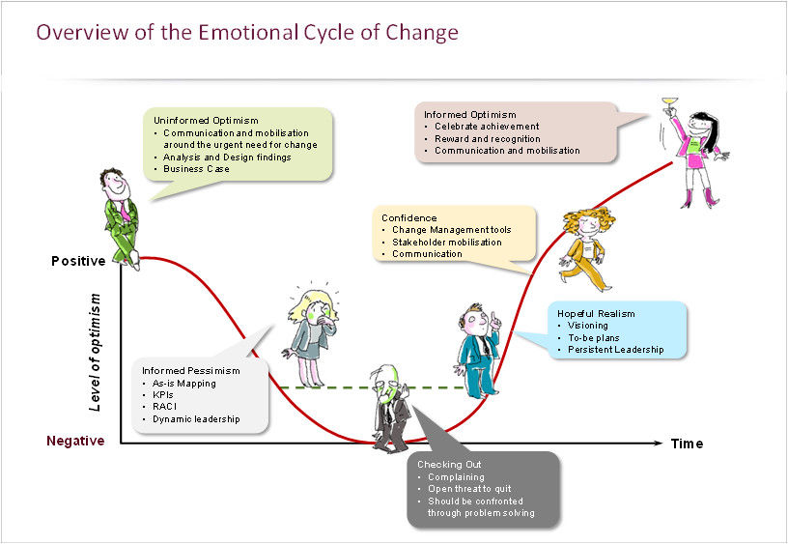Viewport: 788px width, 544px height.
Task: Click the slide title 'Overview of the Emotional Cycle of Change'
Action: click(x=246, y=33)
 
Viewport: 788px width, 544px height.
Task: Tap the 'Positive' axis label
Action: click(x=78, y=261)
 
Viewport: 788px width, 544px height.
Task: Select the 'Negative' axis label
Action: click(x=75, y=441)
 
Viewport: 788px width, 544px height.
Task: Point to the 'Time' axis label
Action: click(x=688, y=444)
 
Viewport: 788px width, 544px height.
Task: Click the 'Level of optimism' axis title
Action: click(x=95, y=353)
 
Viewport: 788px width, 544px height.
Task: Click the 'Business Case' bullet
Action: click(x=196, y=168)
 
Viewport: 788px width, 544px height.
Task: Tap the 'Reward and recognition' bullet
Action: click(x=487, y=138)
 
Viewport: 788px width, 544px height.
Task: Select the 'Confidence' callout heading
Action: click(x=408, y=218)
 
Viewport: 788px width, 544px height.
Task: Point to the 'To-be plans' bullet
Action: click(x=595, y=337)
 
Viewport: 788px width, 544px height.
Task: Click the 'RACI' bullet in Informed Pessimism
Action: click(x=164, y=408)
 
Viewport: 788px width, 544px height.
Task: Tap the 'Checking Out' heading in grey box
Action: click(x=449, y=465)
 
